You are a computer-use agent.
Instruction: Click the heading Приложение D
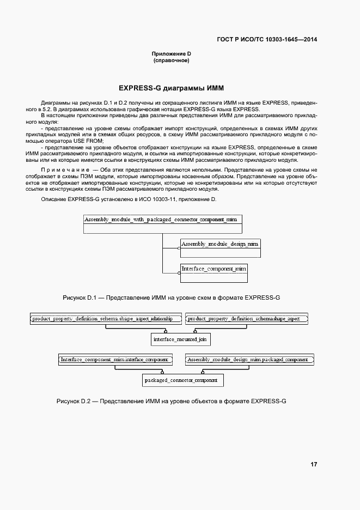(171, 54)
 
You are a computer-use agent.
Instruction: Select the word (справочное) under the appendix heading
(171, 60)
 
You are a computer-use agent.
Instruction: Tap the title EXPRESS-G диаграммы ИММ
(171, 88)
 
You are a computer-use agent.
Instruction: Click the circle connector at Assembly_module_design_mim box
(179, 248)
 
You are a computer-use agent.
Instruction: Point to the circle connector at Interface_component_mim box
(179, 273)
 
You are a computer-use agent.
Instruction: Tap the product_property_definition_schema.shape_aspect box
(247, 319)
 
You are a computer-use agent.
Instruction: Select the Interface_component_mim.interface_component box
(115, 360)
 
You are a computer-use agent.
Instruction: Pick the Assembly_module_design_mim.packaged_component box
(249, 360)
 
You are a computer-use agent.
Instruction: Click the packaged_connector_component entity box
(180, 380)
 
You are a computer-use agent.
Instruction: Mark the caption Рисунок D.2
(171, 401)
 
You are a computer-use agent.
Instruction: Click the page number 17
(314, 464)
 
